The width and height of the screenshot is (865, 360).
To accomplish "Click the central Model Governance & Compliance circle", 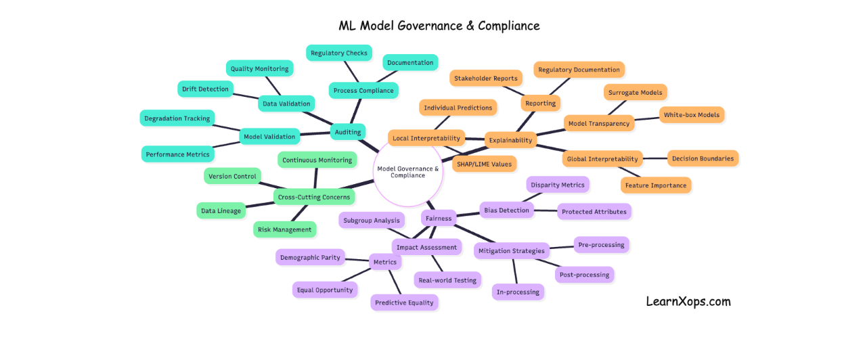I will [407, 172].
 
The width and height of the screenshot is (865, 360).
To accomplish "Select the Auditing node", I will [348, 132].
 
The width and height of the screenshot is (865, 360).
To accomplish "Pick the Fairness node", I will [439, 218].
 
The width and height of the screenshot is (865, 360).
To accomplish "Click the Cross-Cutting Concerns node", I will [314, 197].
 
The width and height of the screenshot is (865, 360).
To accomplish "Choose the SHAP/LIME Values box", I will [484, 164].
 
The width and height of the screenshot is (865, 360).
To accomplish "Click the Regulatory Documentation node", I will [579, 70].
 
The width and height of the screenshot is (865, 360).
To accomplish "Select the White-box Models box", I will [692, 115].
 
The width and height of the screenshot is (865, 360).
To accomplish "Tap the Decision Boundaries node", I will [703, 158].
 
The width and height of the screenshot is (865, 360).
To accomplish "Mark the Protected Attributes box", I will [594, 212].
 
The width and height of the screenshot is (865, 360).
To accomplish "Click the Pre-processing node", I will [601, 245].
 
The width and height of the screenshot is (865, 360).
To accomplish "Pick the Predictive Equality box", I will [404, 302].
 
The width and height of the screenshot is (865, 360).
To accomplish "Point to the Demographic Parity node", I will [310, 257].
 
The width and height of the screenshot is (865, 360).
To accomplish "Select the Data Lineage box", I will [221, 210].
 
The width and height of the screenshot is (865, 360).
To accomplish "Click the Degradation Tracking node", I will [177, 118].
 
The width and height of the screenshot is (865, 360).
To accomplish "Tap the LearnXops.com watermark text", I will [688, 302].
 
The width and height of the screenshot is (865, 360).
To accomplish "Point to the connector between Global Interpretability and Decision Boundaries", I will [654, 159].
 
